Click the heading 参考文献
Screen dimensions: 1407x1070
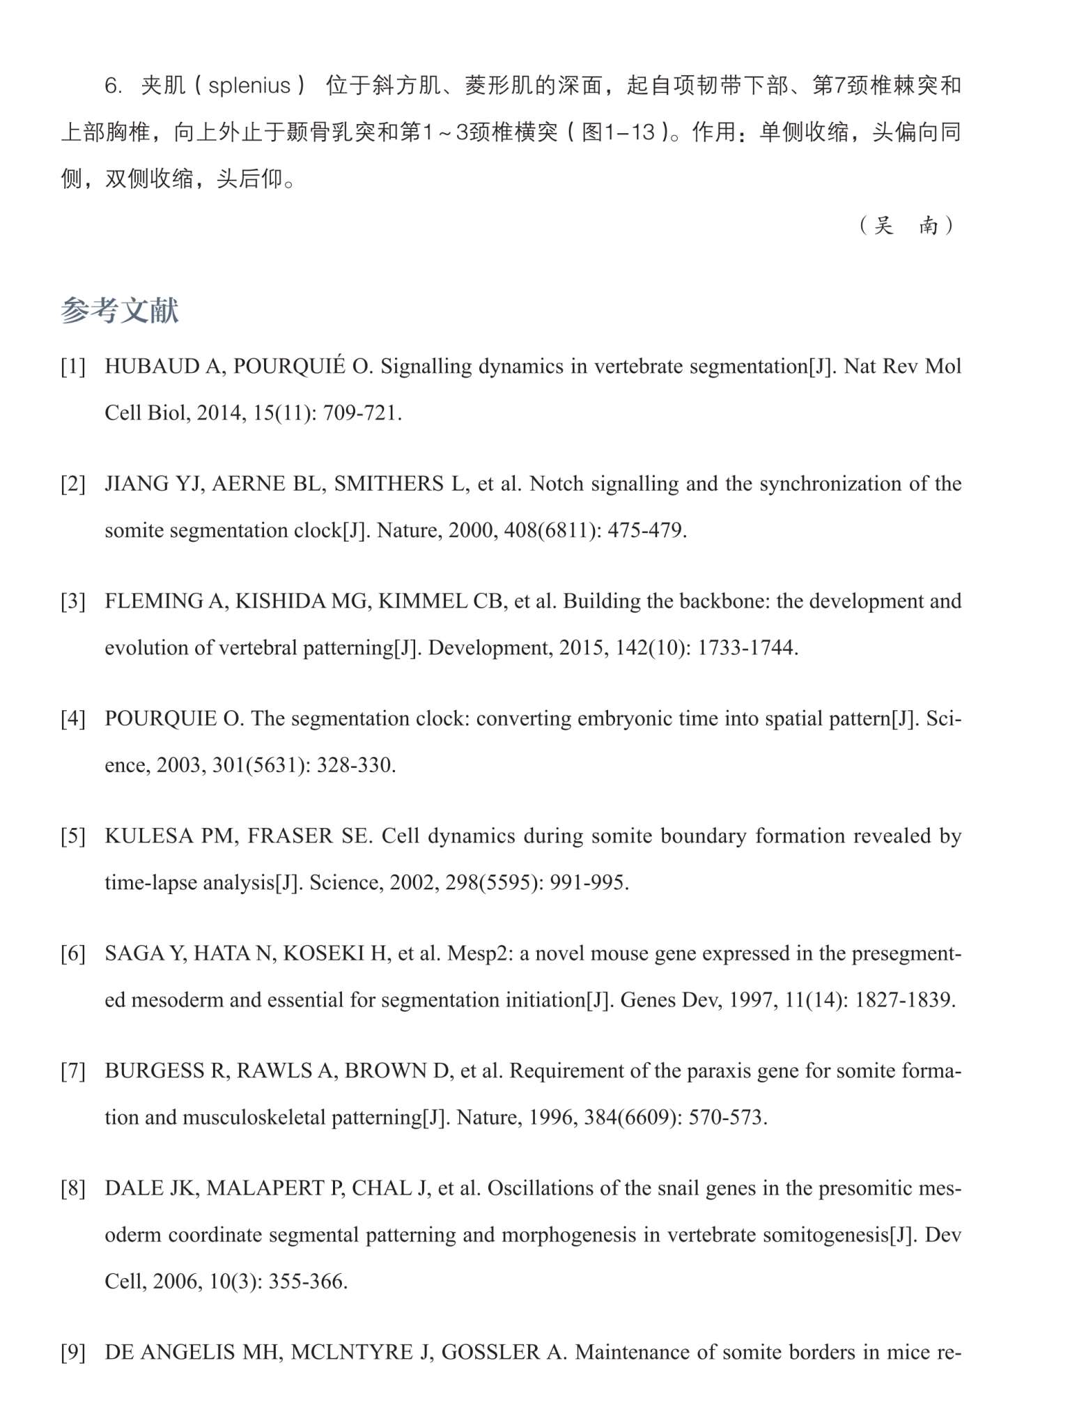pos(119,311)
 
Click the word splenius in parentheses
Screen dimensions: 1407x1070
pos(249,86)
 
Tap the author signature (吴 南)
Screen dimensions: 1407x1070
pos(906,225)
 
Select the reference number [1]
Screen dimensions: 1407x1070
pos(73,367)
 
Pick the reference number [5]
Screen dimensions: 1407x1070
pos(73,836)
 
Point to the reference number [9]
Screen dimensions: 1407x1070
pos(73,1353)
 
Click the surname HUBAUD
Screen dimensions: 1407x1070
pos(152,367)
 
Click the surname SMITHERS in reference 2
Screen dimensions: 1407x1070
pos(389,484)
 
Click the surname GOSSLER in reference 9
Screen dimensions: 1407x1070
pos(490,1353)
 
